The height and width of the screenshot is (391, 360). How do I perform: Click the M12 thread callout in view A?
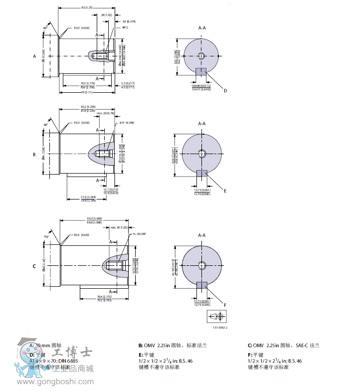(x=126, y=28)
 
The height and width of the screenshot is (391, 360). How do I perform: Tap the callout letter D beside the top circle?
(x=225, y=90)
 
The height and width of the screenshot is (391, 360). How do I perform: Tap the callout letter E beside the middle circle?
(x=225, y=190)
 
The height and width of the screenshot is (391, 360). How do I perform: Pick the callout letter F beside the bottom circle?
(x=225, y=304)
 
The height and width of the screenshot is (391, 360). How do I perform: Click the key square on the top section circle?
(x=201, y=72)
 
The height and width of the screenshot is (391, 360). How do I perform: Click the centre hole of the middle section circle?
(x=201, y=154)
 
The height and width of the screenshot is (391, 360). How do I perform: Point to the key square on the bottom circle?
(x=201, y=285)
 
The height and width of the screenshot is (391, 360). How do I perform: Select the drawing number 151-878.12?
(x=220, y=328)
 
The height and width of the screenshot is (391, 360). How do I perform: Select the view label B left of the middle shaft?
(x=34, y=155)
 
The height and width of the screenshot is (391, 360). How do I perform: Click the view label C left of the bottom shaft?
(x=34, y=266)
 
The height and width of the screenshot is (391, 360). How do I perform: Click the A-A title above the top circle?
(x=201, y=28)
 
